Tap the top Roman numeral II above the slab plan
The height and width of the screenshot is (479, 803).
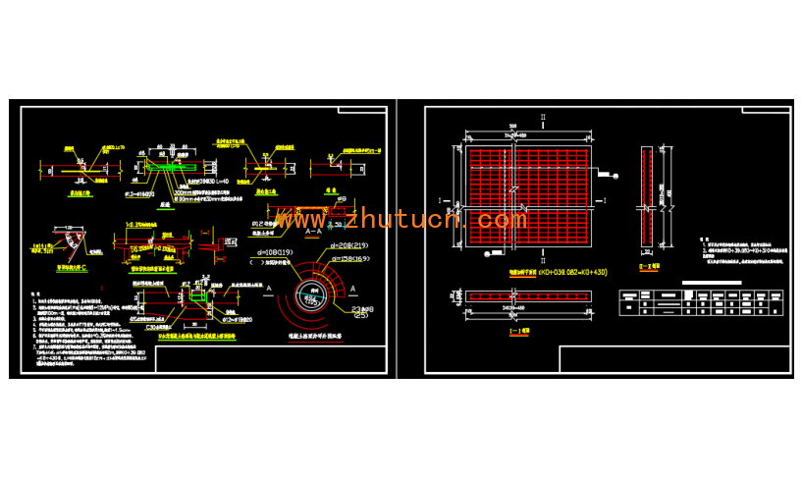[541, 119]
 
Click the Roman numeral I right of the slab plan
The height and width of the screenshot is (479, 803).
[612, 201]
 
